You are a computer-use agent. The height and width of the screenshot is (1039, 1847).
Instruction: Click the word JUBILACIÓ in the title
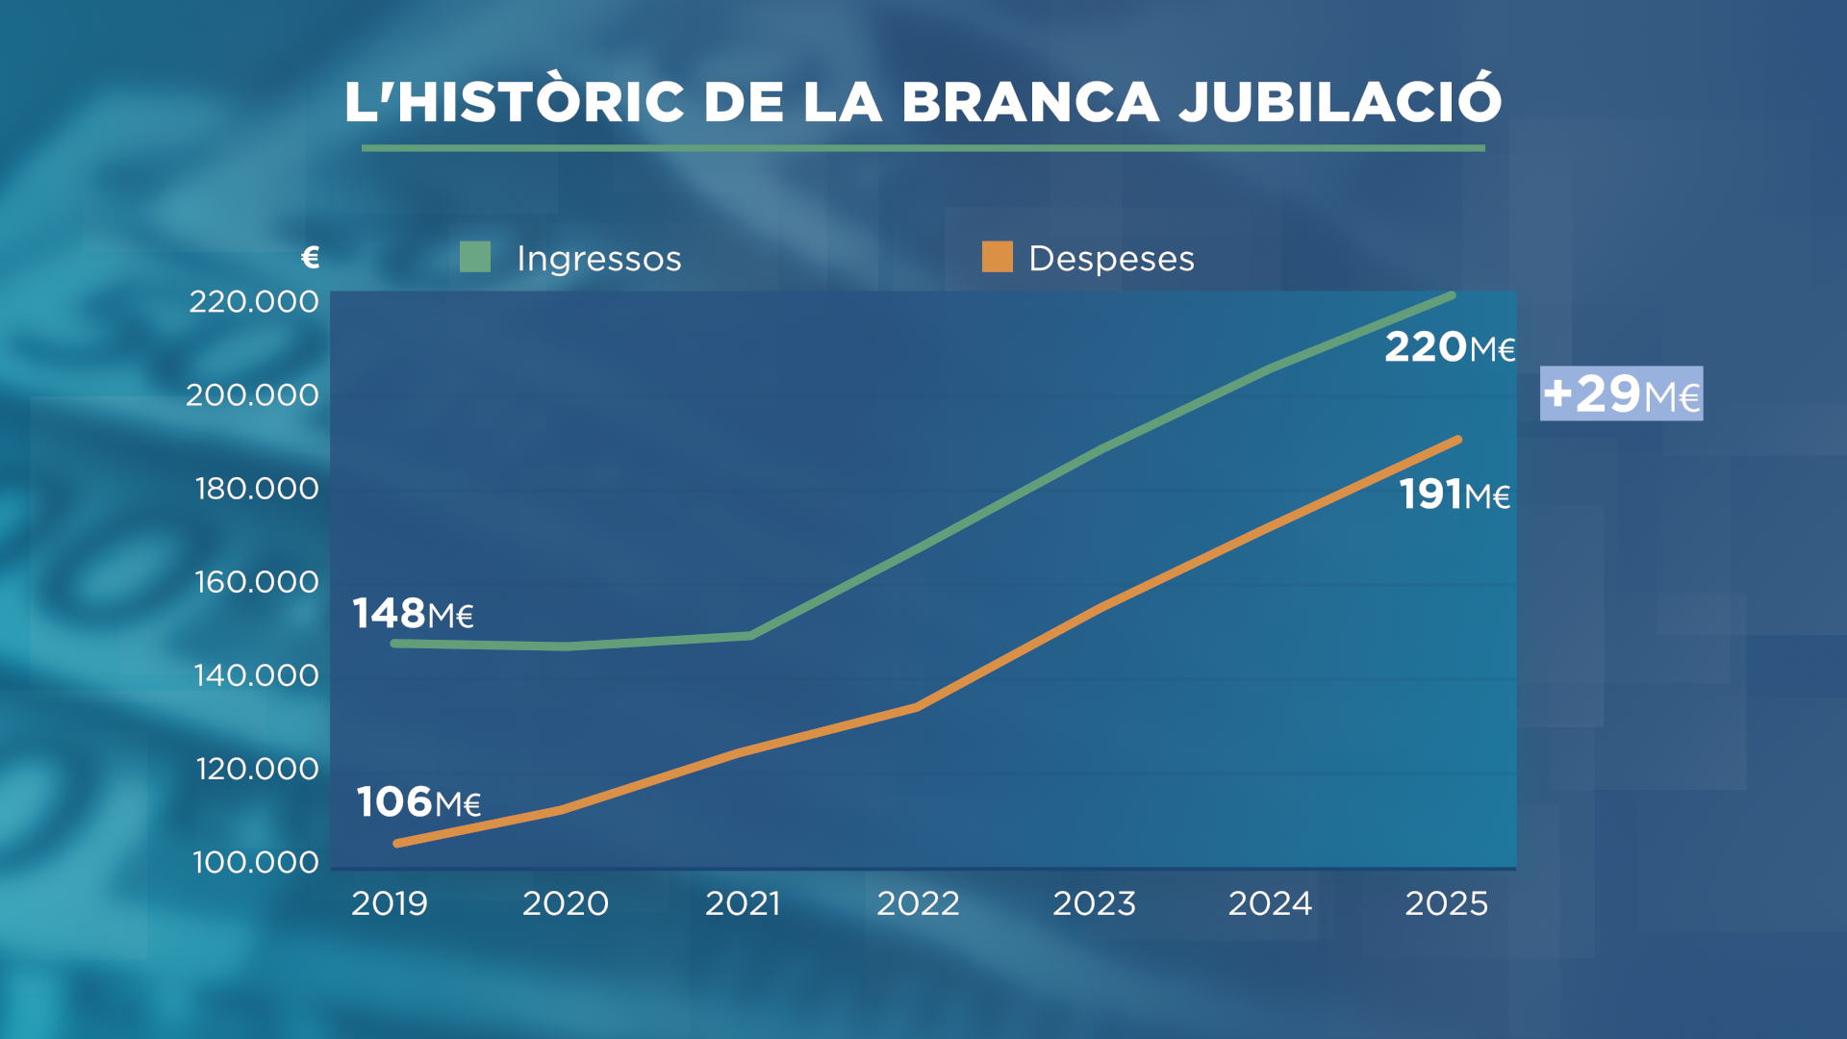pyautogui.click(x=1340, y=101)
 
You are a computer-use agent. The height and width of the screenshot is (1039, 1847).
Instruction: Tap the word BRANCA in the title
pyautogui.click(x=1030, y=101)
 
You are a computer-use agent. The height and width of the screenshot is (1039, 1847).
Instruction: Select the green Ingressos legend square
pyautogui.click(x=475, y=257)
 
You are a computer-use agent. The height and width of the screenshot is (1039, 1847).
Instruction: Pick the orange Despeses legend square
pyautogui.click(x=998, y=257)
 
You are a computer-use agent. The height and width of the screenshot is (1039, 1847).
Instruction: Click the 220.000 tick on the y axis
pyautogui.click(x=254, y=302)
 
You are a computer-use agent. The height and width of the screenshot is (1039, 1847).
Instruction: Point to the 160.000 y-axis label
pyautogui.click(x=257, y=582)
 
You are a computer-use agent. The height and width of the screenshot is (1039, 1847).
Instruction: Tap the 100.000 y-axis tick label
pyautogui.click(x=256, y=862)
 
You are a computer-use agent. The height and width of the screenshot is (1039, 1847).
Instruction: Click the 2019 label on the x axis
pyautogui.click(x=389, y=903)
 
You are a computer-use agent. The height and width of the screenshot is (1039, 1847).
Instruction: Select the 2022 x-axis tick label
pyautogui.click(x=918, y=903)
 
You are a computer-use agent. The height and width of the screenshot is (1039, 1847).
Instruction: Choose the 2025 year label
pyautogui.click(x=1446, y=903)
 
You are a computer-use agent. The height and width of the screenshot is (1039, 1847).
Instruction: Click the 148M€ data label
pyautogui.click(x=413, y=614)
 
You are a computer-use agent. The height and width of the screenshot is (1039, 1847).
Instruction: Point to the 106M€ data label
pyautogui.click(x=418, y=801)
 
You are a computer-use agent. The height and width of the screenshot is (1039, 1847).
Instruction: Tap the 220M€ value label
pyautogui.click(x=1450, y=347)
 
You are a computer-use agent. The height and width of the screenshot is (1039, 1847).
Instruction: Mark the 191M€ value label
pyautogui.click(x=1454, y=494)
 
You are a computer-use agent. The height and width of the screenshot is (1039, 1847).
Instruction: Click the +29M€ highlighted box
pyautogui.click(x=1621, y=393)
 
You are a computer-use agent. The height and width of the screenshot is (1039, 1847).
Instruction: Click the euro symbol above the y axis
pyautogui.click(x=310, y=257)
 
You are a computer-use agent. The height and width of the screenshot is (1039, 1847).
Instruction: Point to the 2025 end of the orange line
pyautogui.click(x=1458, y=441)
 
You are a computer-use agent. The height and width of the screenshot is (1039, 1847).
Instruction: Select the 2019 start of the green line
pyautogui.click(x=395, y=643)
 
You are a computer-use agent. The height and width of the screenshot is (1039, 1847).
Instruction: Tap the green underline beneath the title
pyautogui.click(x=923, y=148)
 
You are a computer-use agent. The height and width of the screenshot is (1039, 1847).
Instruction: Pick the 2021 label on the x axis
pyautogui.click(x=742, y=903)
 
